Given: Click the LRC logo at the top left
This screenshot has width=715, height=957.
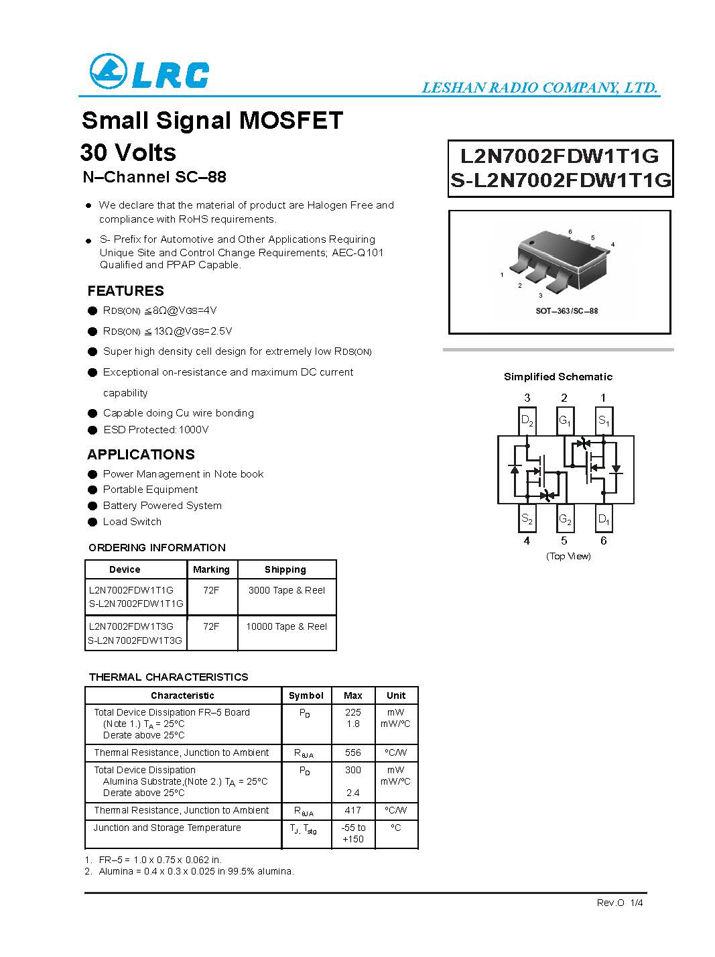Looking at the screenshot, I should point(149,72).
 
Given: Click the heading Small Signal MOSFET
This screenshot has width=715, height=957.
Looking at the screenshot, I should point(212,121).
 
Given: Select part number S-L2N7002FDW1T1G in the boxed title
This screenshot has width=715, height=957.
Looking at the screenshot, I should point(560,180).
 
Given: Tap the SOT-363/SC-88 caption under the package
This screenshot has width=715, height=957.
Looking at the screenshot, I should point(566,311).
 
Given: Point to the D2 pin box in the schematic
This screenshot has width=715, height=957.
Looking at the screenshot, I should point(527,421).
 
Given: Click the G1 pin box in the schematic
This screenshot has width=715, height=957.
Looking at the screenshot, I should point(565,421).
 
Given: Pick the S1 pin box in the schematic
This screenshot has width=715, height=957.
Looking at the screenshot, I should point(604,421).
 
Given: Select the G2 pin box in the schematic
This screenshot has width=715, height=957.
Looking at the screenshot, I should point(565,519).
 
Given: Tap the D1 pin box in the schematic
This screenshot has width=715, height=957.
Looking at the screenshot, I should point(604,519).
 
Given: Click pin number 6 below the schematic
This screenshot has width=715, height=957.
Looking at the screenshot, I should point(604,541).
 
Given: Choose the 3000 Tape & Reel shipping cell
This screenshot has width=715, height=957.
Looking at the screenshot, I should point(286,590).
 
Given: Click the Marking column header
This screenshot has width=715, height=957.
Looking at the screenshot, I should point(211,569).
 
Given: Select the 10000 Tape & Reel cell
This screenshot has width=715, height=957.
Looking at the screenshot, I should point(286,626).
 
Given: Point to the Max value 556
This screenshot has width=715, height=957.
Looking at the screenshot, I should point(352,752).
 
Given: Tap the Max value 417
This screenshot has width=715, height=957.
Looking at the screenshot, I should point(352,810).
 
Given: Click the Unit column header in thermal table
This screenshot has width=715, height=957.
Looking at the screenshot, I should point(396,695).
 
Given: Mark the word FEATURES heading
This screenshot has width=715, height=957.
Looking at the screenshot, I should point(125,291).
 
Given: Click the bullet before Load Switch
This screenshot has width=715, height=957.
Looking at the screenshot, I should point(92,522).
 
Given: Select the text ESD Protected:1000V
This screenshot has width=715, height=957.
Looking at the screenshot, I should point(155,430).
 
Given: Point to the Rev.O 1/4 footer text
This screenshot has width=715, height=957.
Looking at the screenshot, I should point(620,903).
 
